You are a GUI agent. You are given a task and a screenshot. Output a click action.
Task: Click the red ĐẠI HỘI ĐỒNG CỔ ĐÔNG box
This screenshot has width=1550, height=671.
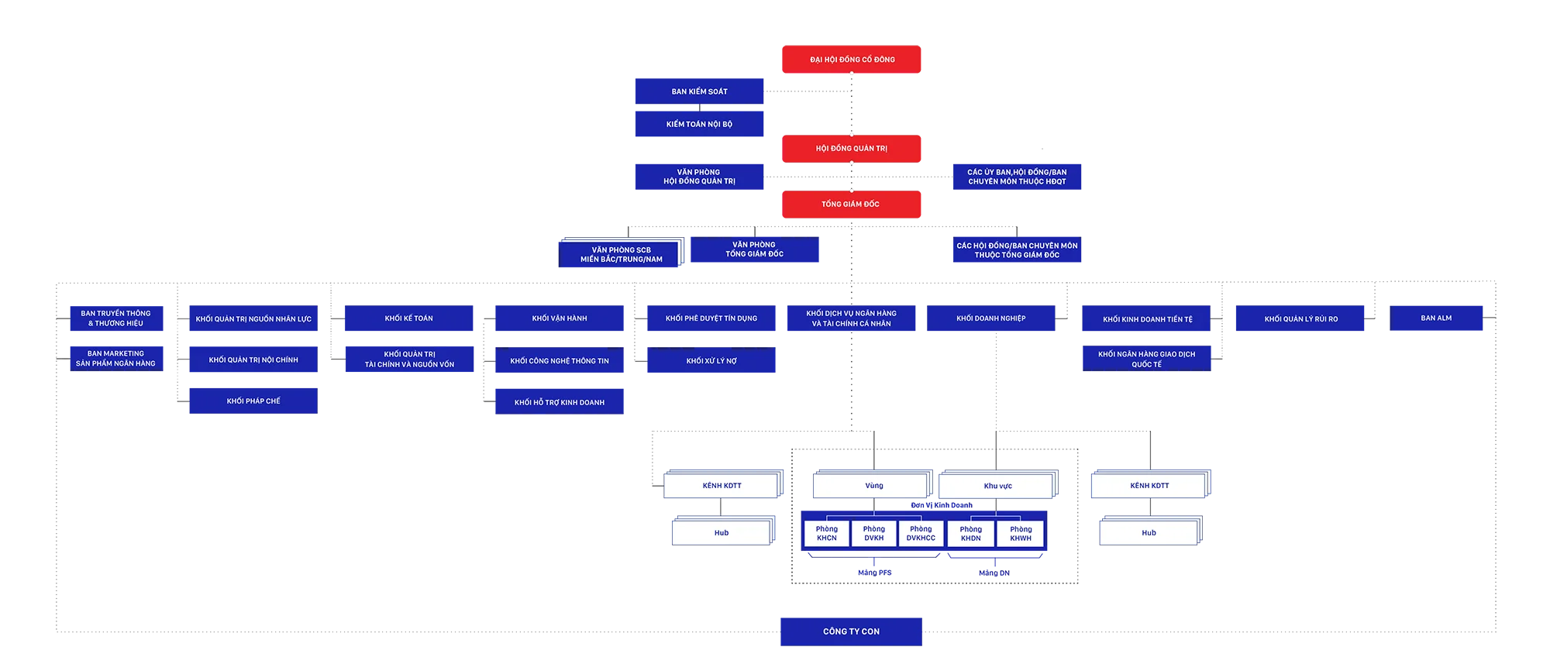click(852, 59)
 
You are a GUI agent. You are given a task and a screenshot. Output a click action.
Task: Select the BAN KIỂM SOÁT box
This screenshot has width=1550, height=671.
click(699, 91)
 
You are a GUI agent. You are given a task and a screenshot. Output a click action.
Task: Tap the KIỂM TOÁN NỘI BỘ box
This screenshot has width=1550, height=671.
click(699, 124)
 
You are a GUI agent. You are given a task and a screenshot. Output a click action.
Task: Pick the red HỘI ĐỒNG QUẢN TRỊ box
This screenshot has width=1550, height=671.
click(852, 148)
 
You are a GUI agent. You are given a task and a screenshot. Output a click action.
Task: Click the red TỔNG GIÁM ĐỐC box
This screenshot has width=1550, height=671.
click(852, 204)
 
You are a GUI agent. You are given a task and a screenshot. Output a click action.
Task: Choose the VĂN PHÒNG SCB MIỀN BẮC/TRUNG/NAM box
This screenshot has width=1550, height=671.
click(621, 254)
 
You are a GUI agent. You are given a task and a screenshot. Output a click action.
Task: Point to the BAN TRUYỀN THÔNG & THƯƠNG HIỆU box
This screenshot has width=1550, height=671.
click(116, 318)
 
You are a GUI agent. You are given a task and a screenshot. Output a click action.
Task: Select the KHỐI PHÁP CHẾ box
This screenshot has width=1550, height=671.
click(253, 401)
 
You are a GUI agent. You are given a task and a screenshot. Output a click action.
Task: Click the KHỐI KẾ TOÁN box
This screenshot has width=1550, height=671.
click(408, 318)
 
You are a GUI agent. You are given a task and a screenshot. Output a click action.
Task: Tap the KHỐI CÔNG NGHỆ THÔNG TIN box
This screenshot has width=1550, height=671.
click(559, 360)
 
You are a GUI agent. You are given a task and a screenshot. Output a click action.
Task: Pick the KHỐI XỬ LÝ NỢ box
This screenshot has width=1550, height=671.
click(711, 360)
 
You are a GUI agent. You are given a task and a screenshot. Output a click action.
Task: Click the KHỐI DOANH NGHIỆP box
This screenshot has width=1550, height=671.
click(990, 318)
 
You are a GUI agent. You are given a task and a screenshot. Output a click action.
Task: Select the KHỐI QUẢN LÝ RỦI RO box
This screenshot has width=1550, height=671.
click(1300, 318)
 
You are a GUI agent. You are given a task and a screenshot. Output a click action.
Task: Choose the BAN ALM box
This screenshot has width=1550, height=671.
click(1436, 318)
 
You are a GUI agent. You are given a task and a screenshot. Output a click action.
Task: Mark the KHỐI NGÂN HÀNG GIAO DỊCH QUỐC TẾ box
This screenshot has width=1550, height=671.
click(1146, 359)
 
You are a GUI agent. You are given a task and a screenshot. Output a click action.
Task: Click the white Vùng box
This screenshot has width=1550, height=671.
click(873, 486)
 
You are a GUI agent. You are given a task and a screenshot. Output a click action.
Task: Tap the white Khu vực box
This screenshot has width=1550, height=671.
click(997, 486)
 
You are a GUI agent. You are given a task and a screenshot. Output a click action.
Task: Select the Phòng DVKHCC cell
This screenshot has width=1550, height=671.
click(921, 534)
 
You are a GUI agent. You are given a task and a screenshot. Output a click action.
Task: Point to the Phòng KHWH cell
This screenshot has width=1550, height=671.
click(1021, 534)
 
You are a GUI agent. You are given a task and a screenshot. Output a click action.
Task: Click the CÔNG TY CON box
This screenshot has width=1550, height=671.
click(851, 631)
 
